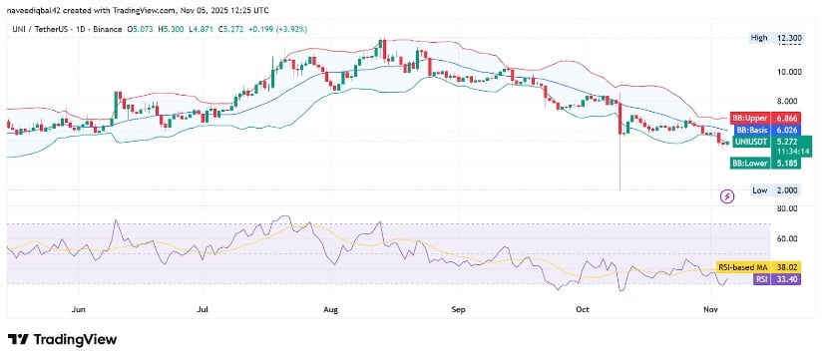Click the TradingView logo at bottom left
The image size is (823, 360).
(62, 340)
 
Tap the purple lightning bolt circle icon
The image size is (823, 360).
(727, 196)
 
